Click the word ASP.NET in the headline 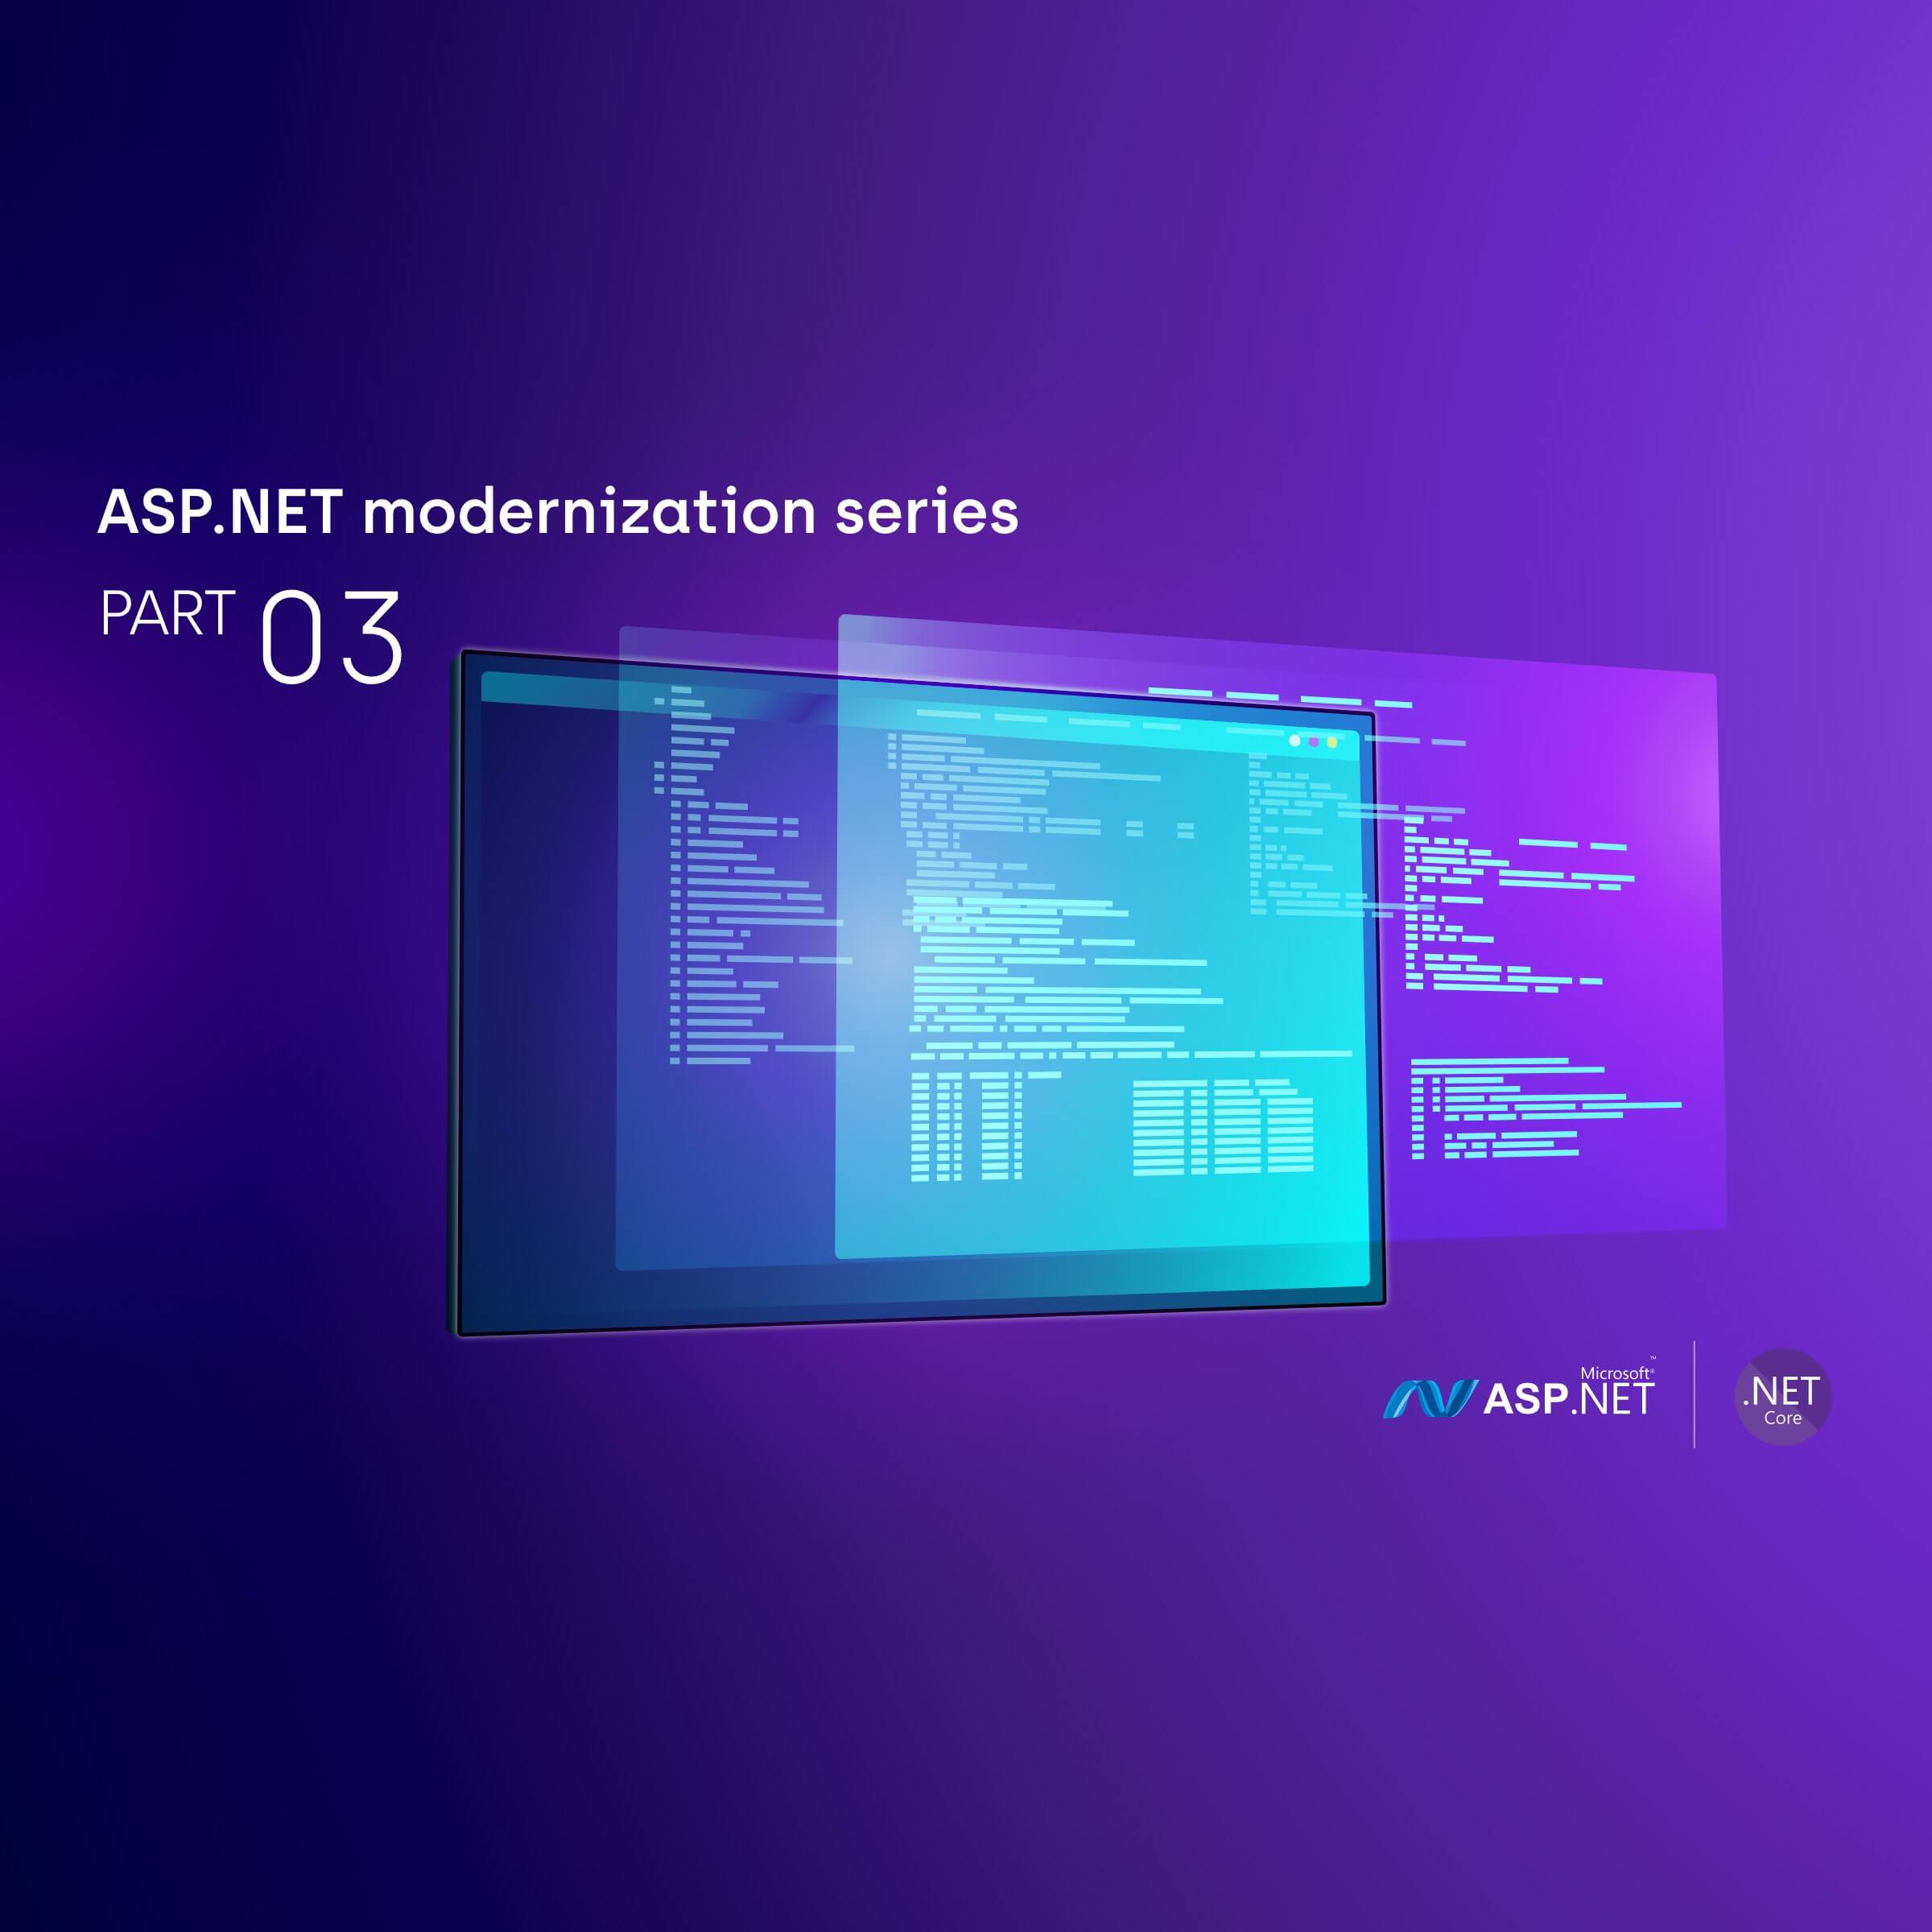point(220,512)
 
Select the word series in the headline point(926,512)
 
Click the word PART point(168,614)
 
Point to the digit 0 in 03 point(291,636)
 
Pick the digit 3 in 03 point(370,636)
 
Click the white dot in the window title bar point(1295,741)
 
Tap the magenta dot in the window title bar point(1314,742)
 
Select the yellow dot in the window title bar point(1332,743)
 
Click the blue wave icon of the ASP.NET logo point(1429,1399)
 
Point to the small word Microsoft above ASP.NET point(1614,1374)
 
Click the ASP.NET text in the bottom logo point(1569,1398)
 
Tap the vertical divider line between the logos point(1694,1394)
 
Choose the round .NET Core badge point(1783,1396)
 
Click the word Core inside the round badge point(1782,1418)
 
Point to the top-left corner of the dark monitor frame point(463,653)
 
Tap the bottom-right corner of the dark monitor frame point(1384,1303)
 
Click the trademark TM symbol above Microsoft point(1652,1359)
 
